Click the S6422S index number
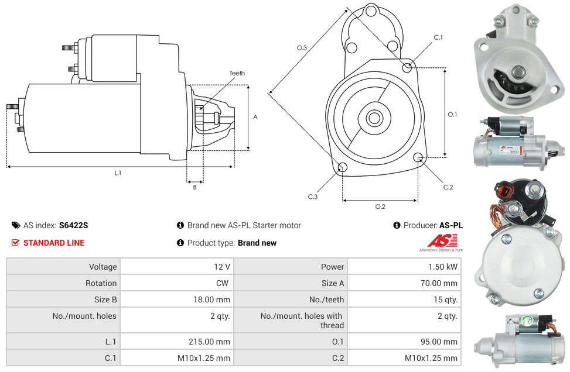pyautogui.click(x=73, y=225)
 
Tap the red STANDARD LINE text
pyautogui.click(x=54, y=243)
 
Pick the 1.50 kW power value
pyautogui.click(x=443, y=267)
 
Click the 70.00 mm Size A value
pyautogui.click(x=439, y=283)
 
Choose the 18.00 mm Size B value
pyautogui.click(x=211, y=299)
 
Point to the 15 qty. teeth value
pyautogui.click(x=445, y=299)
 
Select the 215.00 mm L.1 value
pyautogui.click(x=209, y=342)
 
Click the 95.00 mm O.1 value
pyautogui.click(x=439, y=342)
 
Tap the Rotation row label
pyautogui.click(x=101, y=283)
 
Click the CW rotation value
pyautogui.click(x=222, y=283)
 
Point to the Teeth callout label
pyautogui.click(x=237, y=73)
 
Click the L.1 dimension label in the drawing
pyautogui.click(x=118, y=173)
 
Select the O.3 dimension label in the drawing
pyautogui.click(x=302, y=47)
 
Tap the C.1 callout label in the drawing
pyautogui.click(x=438, y=37)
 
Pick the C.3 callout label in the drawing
pyautogui.click(x=313, y=197)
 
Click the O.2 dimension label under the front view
pyautogui.click(x=380, y=206)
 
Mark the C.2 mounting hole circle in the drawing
pyautogui.click(x=418, y=157)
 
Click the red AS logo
pyautogui.click(x=442, y=240)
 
